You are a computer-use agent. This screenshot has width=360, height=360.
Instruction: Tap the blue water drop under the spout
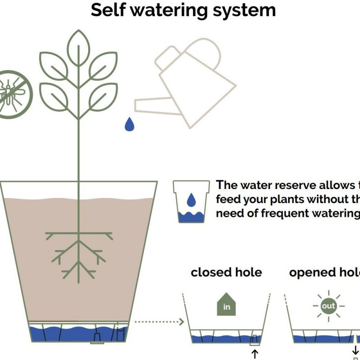(x=130, y=124)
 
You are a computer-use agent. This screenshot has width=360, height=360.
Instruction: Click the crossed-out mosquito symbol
(x=12, y=94)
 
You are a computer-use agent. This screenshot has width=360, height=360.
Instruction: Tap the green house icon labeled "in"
(x=227, y=304)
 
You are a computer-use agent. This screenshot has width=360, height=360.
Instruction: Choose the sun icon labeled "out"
(x=328, y=306)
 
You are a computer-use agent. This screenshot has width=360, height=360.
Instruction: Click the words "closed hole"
(x=226, y=273)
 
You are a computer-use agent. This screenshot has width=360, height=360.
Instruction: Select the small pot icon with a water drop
(x=191, y=201)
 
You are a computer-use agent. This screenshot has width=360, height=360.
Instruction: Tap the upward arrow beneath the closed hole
(x=255, y=354)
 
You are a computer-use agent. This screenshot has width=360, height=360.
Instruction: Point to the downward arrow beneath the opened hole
(x=355, y=350)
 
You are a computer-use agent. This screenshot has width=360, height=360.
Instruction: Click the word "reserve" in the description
(x=279, y=185)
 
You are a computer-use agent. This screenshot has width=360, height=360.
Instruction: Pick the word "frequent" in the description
(x=278, y=213)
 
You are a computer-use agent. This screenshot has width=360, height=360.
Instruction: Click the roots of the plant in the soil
(x=79, y=252)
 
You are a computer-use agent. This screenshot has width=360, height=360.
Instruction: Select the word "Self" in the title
(x=108, y=10)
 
